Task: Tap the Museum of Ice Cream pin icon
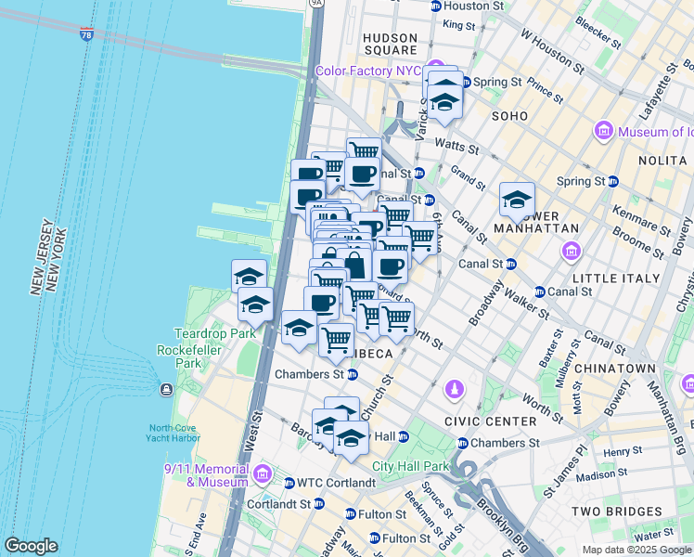pos(605,132)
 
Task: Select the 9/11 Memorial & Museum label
pos(205,475)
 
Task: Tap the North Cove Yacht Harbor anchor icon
pos(166,388)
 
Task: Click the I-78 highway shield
pos(86,35)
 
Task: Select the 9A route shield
pos(316,4)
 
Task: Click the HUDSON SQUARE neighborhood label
pos(390,44)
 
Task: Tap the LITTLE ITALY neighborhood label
pos(610,277)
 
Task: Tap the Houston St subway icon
pos(437,6)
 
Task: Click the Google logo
pos(32,546)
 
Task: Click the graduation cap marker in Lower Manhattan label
pos(517,199)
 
